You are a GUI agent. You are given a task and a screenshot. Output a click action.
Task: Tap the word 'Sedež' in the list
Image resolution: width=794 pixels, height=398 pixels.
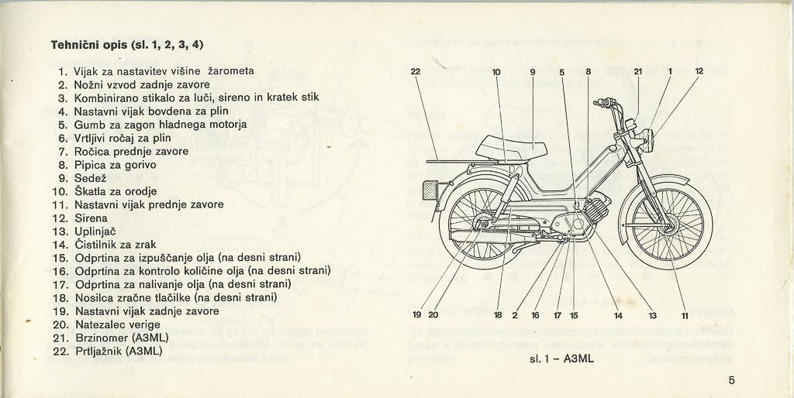coord(93,178)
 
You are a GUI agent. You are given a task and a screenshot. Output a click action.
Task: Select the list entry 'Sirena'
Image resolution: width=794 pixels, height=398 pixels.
coord(91,218)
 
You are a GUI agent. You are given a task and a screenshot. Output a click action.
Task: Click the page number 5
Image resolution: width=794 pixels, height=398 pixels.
coord(732,380)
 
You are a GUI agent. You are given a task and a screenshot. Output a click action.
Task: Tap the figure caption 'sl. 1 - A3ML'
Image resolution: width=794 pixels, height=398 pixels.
coord(545,359)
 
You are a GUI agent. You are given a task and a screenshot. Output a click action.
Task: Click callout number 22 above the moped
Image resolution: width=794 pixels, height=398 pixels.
coord(415,72)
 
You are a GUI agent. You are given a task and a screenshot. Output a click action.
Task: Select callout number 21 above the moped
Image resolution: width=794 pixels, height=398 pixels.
coord(637,72)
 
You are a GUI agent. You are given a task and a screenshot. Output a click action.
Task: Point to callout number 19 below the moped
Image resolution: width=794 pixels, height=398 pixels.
coord(416,315)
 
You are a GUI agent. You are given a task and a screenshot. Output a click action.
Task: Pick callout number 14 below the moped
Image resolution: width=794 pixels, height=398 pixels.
coord(618,315)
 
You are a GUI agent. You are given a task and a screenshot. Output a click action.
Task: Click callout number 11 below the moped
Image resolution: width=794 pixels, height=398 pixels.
coord(685,315)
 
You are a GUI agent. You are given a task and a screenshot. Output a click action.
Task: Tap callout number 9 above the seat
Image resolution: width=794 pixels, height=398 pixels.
coord(533,72)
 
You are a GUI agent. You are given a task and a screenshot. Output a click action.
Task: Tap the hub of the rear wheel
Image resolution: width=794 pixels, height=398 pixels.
coord(482,225)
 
